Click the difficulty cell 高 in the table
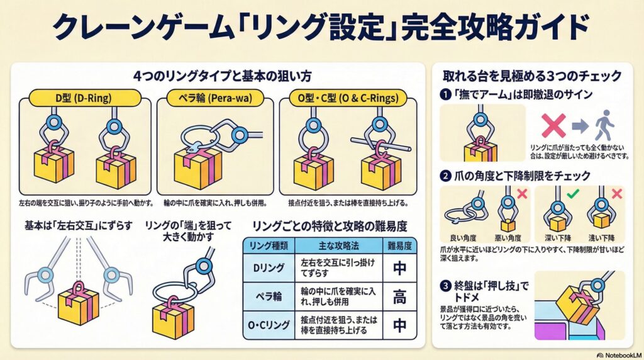(399, 296)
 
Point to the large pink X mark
(553, 125)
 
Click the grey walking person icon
(604, 125)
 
